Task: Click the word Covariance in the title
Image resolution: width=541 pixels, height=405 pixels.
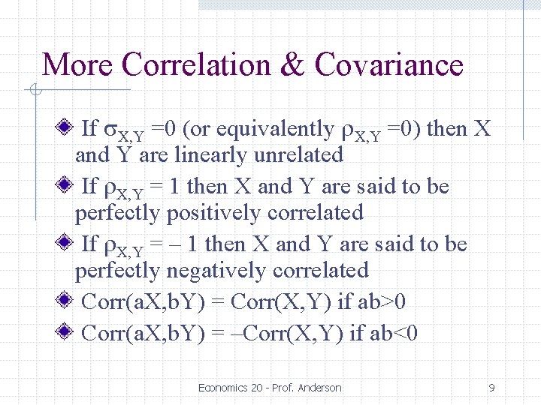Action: [389, 64]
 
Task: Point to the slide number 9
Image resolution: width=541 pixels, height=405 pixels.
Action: [491, 388]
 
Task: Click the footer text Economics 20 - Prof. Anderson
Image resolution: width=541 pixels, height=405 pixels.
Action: [270, 388]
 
